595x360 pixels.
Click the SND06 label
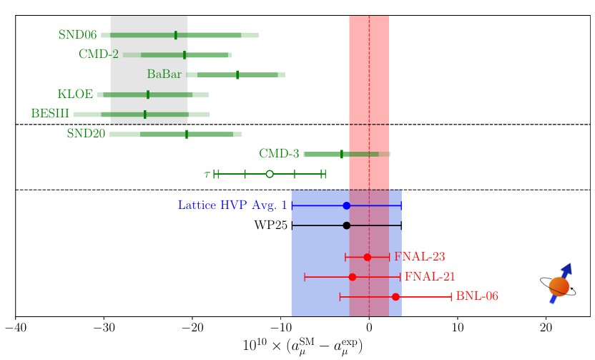[x=77, y=35]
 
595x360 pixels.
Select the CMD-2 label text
[x=99, y=54]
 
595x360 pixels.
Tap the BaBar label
[x=164, y=74]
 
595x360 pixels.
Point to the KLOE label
[x=75, y=94]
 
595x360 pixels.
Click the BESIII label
[x=50, y=114]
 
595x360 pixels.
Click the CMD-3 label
[x=279, y=154]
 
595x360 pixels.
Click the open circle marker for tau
[x=270, y=174]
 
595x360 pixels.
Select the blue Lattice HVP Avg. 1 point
[x=347, y=205]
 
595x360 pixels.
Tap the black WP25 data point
[x=347, y=225]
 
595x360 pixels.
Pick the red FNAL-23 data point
[x=368, y=257]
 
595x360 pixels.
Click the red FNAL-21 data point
[x=352, y=277]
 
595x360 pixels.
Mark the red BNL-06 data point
[x=395, y=296]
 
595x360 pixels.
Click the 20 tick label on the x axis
[x=546, y=328]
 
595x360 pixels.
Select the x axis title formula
[x=303, y=346]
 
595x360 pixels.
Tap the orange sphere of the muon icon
[x=559, y=287]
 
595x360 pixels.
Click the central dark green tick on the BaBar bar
[x=237, y=74]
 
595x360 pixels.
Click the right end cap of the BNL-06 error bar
[x=452, y=296]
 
